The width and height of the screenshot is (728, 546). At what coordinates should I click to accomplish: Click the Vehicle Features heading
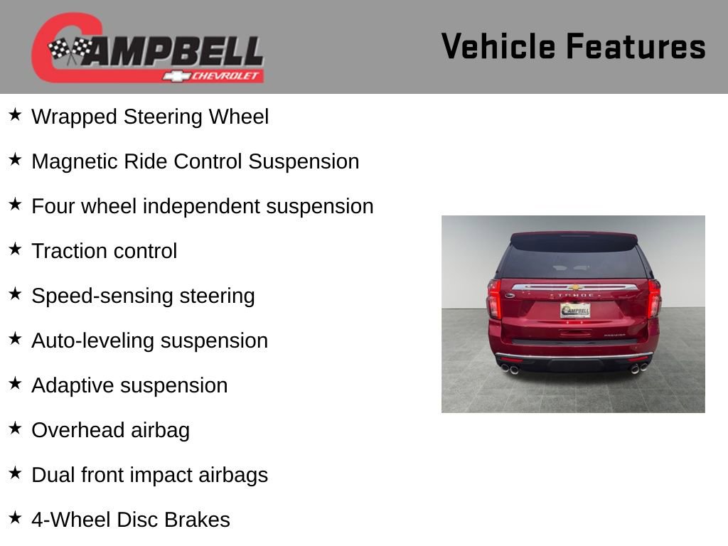tap(573, 46)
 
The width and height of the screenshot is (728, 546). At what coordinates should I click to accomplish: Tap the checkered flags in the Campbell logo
tap(70, 50)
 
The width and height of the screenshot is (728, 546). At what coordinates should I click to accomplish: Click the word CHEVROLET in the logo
tap(225, 76)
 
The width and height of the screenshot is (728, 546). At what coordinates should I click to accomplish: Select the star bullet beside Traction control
tap(15, 250)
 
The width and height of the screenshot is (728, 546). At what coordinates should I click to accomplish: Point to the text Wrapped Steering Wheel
tap(150, 117)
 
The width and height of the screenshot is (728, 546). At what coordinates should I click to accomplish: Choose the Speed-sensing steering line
tap(143, 296)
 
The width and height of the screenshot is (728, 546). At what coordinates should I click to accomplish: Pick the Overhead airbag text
tap(110, 430)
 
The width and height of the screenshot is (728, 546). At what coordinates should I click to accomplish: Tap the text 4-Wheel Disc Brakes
tap(131, 520)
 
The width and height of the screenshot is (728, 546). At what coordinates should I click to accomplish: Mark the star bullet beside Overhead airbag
tap(15, 429)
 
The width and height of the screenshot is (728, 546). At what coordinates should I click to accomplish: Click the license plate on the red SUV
tap(574, 310)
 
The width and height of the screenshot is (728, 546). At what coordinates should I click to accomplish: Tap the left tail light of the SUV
tap(494, 298)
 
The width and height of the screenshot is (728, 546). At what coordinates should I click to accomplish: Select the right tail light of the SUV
tap(654, 298)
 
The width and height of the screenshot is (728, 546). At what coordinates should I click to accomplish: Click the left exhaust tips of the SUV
tap(510, 369)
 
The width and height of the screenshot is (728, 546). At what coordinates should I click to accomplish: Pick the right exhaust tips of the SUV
tap(638, 368)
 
